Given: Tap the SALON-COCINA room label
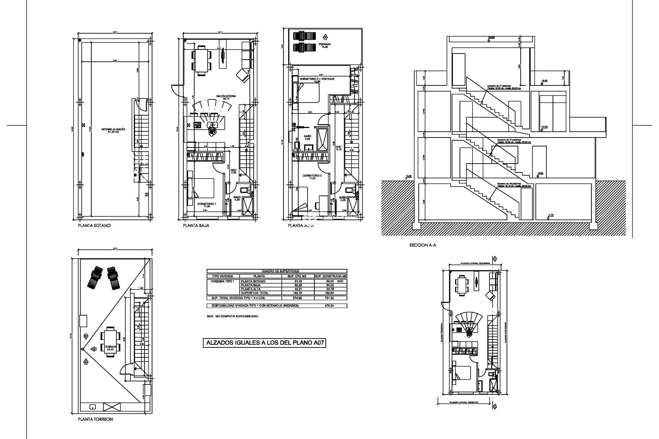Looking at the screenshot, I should point(226,97).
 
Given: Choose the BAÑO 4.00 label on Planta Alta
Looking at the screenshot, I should point(307,138).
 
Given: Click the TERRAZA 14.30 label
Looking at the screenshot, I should point(324,46).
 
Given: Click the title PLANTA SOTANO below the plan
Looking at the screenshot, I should point(94,226).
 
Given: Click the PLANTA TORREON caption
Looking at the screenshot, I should point(95,419).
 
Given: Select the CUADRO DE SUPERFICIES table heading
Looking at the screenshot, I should point(276,271).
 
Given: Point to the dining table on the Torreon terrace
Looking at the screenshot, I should point(110,341).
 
